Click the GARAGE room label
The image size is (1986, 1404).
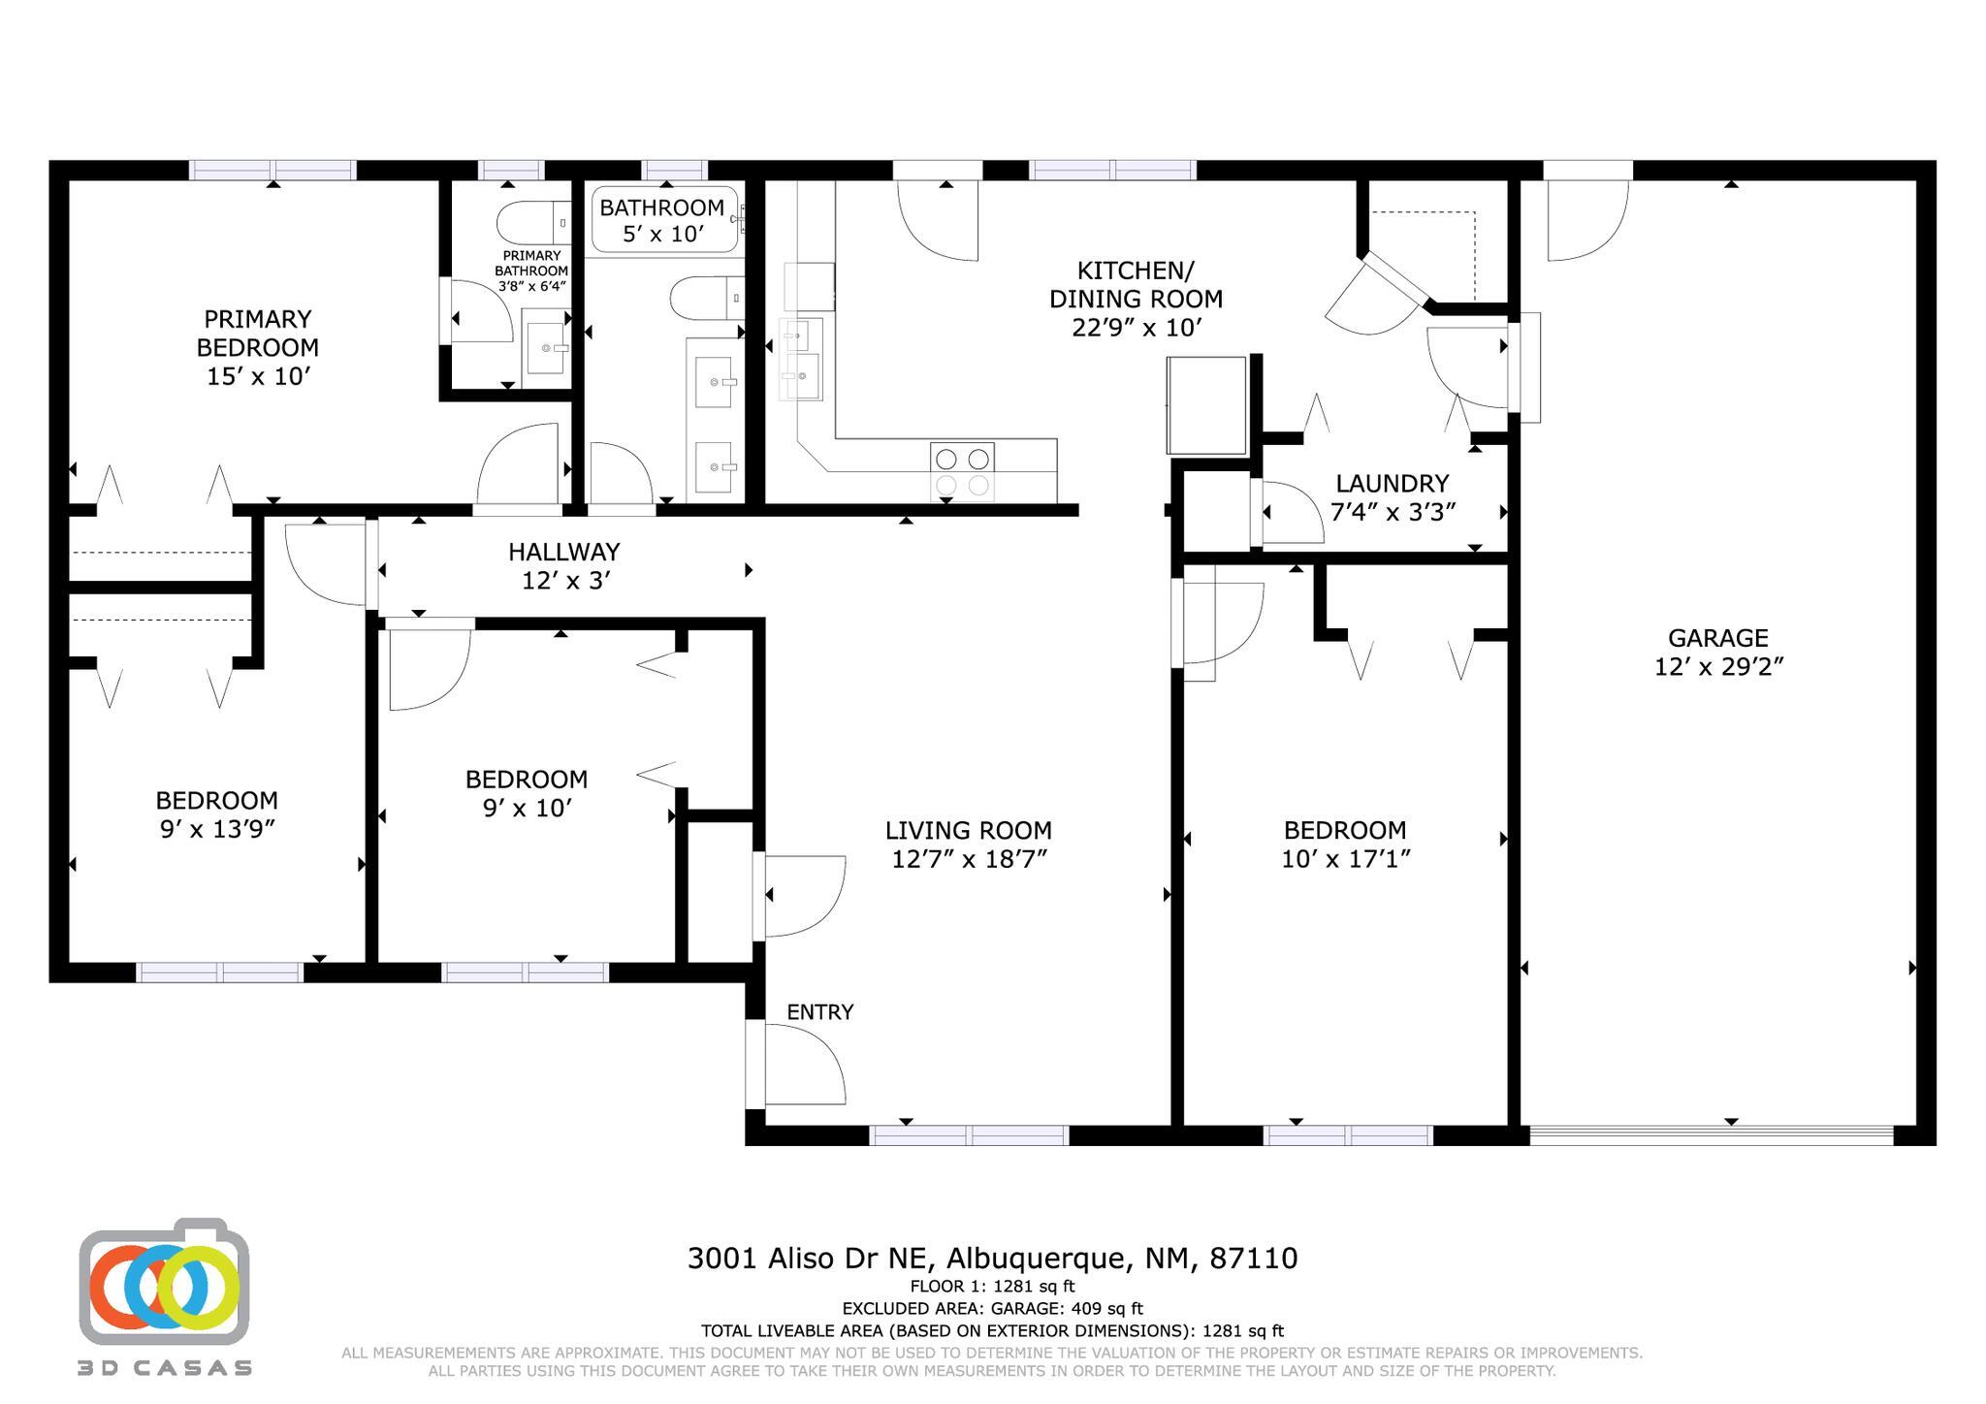click(x=1717, y=638)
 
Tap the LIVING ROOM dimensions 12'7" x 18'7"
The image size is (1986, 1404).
click(x=969, y=859)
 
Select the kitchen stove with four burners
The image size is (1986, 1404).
click(x=962, y=471)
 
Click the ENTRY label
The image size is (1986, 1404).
click(x=819, y=1012)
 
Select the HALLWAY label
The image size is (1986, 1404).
click(x=563, y=552)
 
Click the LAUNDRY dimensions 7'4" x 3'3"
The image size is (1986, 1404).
click(x=1393, y=512)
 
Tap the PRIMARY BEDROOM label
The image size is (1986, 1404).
click(x=257, y=333)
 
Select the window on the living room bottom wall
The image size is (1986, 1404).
click(x=969, y=1135)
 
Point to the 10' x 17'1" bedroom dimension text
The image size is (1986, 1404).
click(x=1345, y=859)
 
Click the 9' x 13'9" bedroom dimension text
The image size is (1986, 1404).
click(x=217, y=829)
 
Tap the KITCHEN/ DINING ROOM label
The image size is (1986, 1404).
click(x=1136, y=284)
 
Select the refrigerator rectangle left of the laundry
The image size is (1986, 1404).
click(x=1206, y=405)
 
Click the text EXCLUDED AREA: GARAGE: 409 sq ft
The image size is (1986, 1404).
click(x=992, y=1309)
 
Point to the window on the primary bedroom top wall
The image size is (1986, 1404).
click(x=272, y=171)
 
